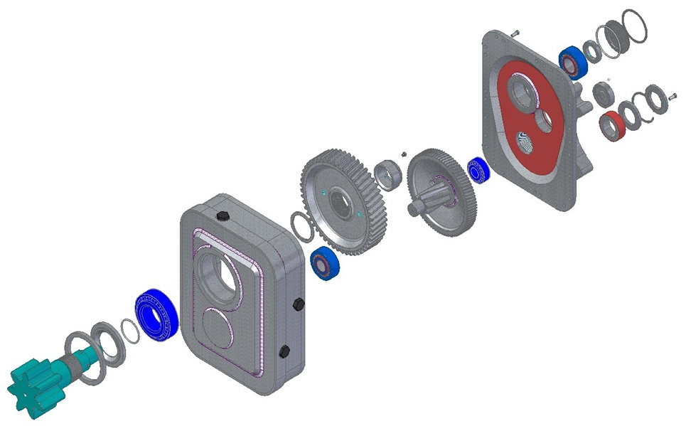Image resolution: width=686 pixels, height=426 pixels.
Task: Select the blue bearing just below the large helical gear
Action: pos(326,264)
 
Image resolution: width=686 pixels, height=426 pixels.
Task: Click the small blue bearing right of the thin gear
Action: pos(478,171)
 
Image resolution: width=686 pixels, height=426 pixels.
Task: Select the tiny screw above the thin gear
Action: pos(402,152)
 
